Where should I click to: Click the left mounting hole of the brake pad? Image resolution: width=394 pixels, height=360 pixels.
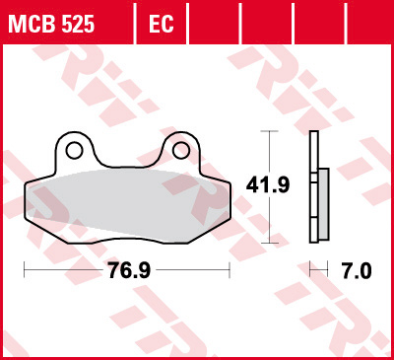click(x=73, y=150)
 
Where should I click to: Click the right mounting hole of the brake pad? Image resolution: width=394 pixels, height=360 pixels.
click(x=180, y=150)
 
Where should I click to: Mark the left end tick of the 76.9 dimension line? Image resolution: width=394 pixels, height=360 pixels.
click(x=23, y=269)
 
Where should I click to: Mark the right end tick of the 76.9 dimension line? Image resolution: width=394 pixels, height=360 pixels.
click(x=230, y=269)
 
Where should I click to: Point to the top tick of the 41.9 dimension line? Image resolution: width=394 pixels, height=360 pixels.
click(x=266, y=132)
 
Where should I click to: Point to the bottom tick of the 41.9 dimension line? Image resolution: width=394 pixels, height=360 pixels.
click(x=266, y=241)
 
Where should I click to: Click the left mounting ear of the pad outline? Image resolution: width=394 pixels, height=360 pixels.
click(x=73, y=150)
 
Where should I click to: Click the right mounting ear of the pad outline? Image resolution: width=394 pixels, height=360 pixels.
click(x=180, y=150)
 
